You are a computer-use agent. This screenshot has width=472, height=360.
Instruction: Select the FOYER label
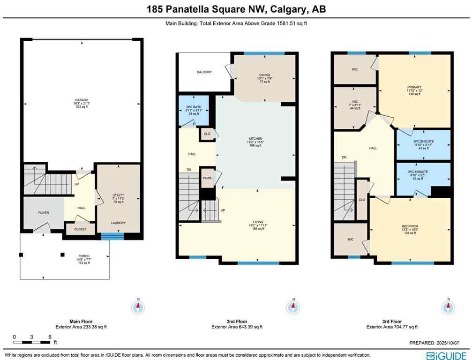[44, 212]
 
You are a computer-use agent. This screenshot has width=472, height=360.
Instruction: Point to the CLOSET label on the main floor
[80, 229]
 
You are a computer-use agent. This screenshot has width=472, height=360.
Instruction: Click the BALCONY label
[204, 72]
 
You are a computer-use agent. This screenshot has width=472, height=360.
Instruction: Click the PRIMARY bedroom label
[414, 87]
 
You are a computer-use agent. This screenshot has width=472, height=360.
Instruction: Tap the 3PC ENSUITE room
[424, 172]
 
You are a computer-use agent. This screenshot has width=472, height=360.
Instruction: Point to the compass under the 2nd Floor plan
[293, 307]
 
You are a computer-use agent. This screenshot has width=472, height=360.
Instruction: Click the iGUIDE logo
[446, 355]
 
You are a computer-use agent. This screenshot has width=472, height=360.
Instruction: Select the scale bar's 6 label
[49, 337]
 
